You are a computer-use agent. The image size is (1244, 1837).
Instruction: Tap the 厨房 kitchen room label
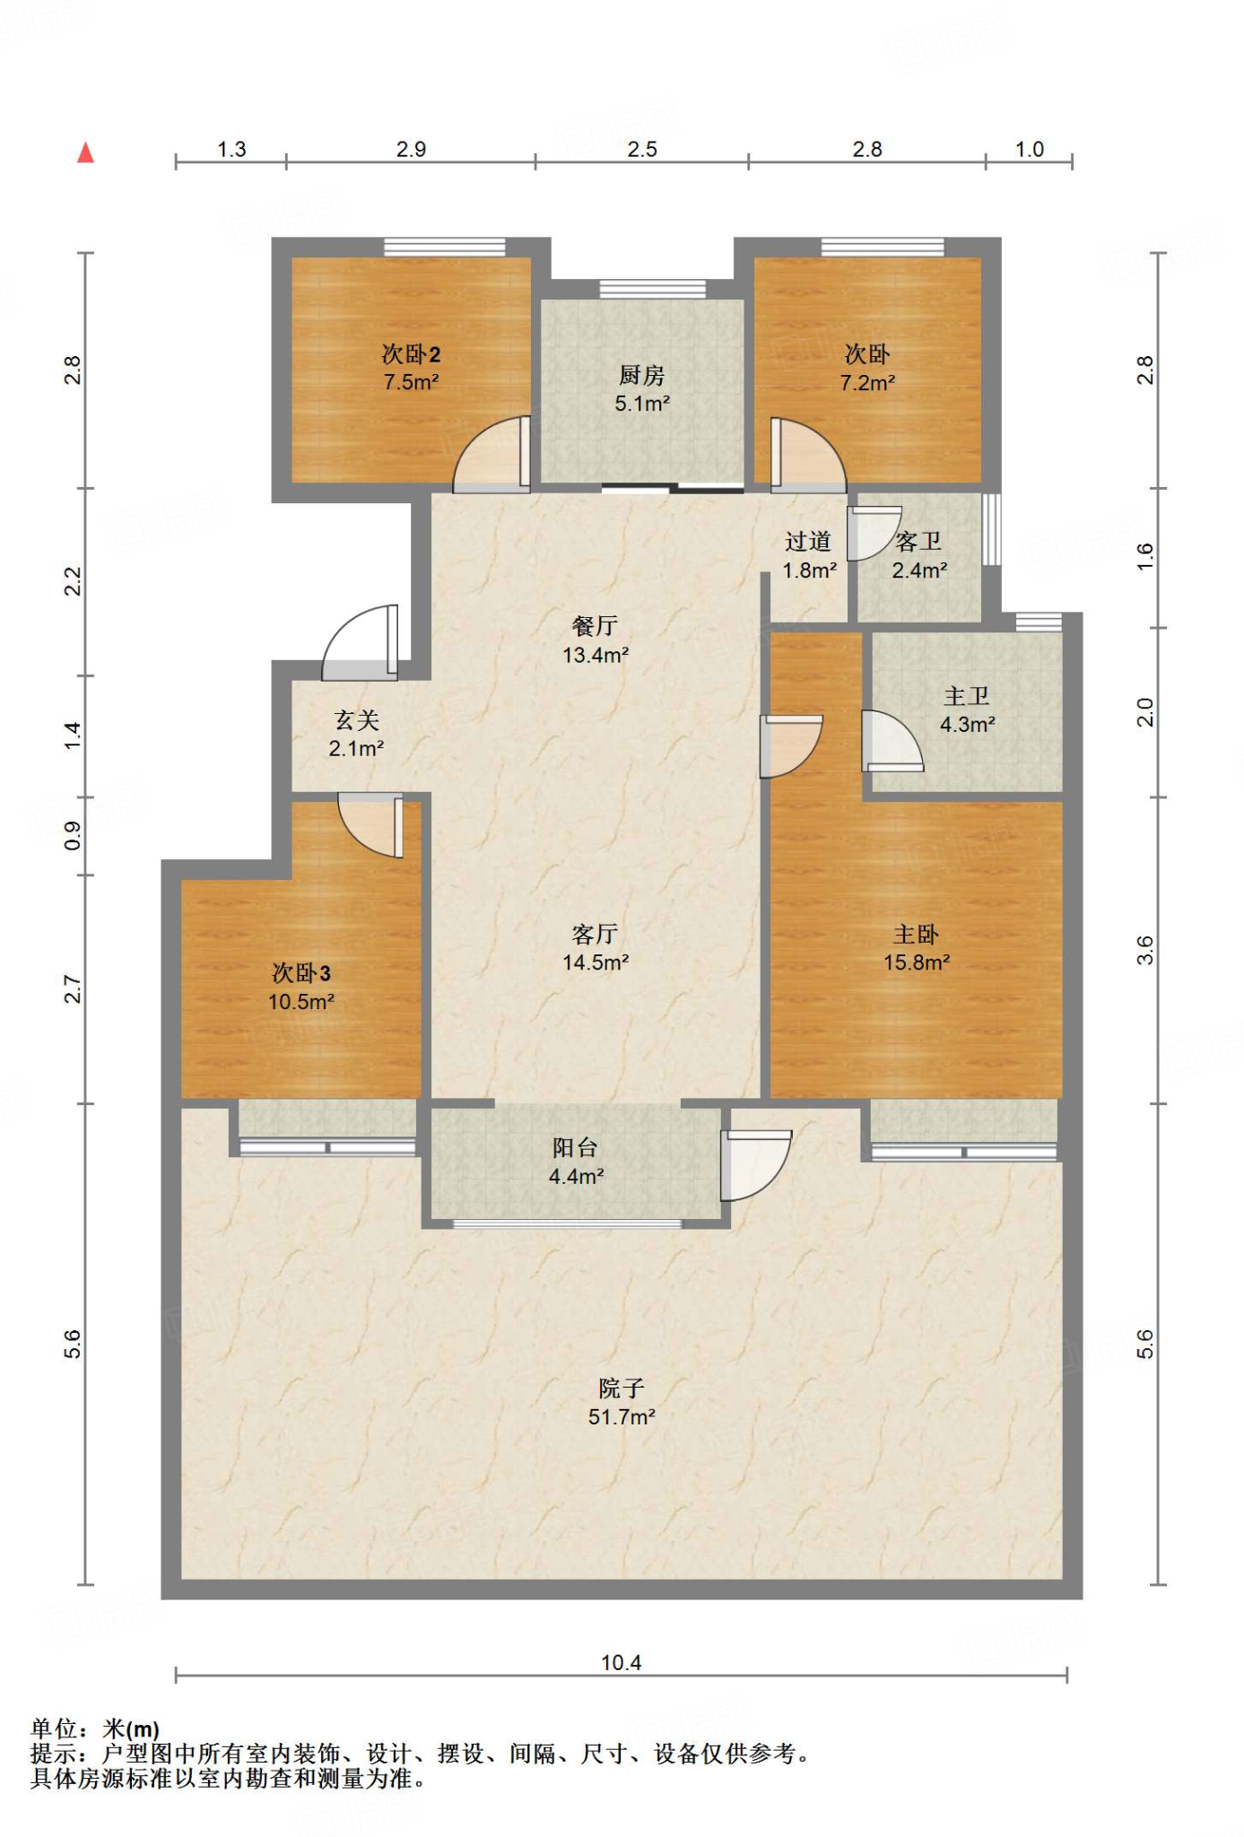click(642, 374)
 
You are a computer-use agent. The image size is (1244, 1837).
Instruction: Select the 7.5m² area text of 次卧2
click(411, 382)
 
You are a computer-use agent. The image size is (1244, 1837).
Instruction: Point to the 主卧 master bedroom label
click(916, 934)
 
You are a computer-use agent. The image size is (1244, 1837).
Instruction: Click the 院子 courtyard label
click(622, 1388)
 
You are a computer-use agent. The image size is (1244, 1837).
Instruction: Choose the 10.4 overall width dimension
click(621, 1662)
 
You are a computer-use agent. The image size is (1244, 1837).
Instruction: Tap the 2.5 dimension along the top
click(642, 149)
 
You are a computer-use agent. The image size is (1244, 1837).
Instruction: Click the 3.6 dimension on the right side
click(1144, 950)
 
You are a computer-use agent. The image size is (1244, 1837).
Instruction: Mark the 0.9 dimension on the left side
click(73, 836)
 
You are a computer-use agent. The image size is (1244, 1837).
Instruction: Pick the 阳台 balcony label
click(575, 1147)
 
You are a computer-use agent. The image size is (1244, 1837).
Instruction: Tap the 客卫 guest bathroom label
click(918, 541)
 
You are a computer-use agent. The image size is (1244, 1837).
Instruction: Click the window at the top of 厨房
click(652, 289)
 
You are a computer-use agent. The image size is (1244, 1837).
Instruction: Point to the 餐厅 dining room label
click(595, 625)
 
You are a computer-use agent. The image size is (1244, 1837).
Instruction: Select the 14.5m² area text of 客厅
click(596, 962)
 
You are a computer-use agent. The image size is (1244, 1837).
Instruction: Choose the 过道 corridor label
click(808, 541)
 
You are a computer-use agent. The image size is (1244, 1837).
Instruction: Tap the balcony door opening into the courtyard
click(756, 1165)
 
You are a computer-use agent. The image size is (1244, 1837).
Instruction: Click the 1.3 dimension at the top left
click(231, 149)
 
